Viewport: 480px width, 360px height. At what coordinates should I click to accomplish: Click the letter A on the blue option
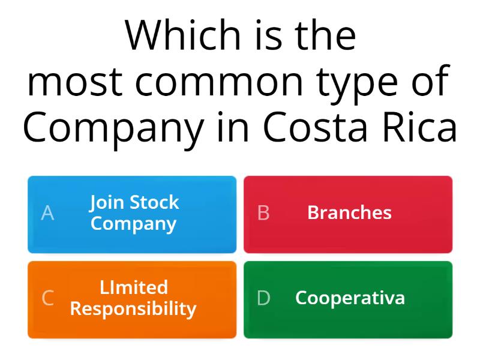point(47,213)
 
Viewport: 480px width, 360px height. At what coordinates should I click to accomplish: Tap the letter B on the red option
point(263,213)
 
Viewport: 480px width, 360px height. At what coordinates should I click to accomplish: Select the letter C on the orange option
point(47,298)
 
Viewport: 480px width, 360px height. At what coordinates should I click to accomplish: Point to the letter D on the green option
point(263,298)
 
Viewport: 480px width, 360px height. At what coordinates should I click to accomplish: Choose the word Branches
point(349,212)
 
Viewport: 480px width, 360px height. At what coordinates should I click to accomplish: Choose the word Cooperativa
point(350,298)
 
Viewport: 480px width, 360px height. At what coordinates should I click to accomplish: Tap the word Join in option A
point(107,203)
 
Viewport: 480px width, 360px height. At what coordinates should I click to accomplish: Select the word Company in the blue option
point(133,224)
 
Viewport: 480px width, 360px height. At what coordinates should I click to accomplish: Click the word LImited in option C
point(133,287)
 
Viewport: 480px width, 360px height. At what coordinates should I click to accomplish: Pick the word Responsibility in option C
point(133,309)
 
